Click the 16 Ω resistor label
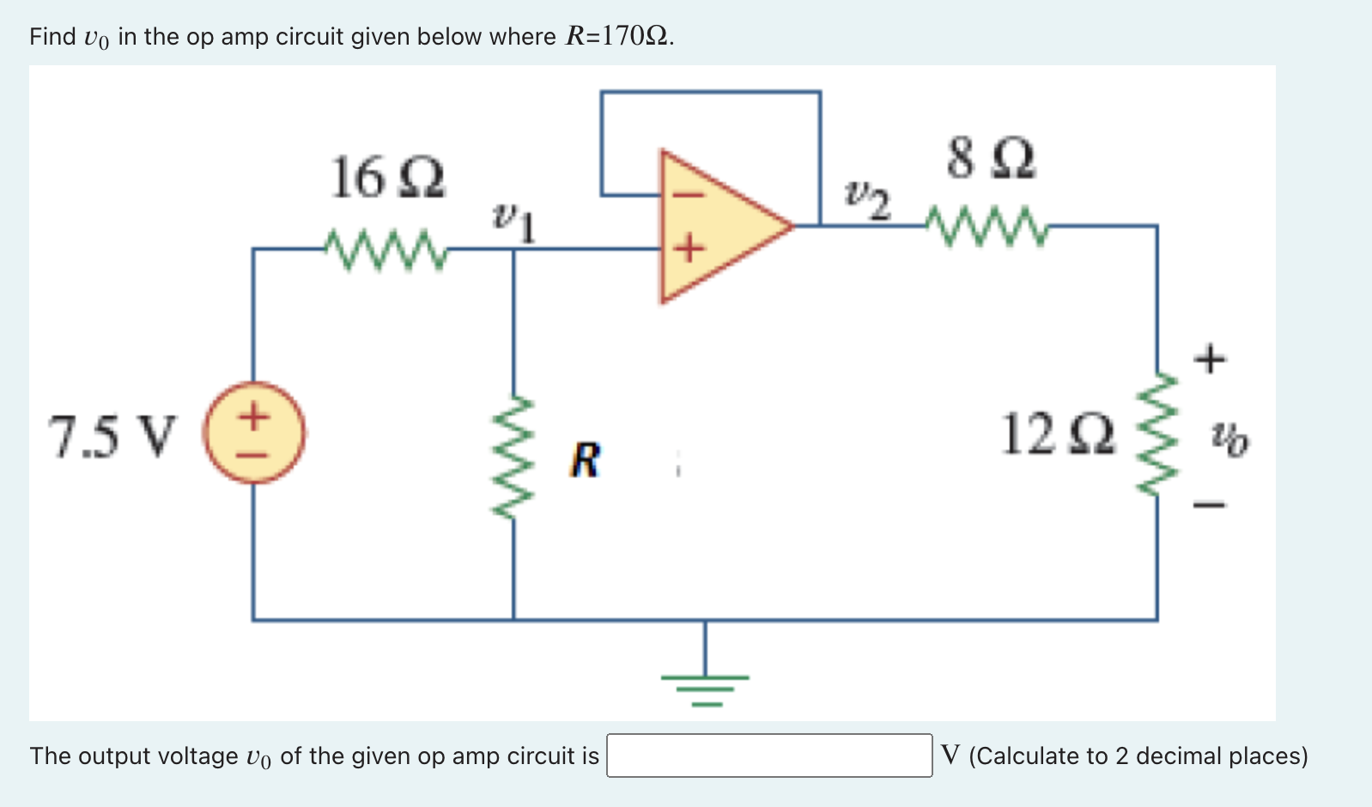pos(388,179)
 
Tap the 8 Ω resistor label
pos(992,159)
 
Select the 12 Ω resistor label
pos(1058,434)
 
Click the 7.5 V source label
pos(112,436)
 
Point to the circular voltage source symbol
pos(254,433)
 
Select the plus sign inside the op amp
pos(688,249)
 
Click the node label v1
pos(514,223)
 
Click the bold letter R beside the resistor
pos(586,460)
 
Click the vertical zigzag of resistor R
pos(513,457)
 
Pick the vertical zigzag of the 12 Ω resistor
pos(1156,434)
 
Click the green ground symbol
pos(705,687)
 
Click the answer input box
pos(769,755)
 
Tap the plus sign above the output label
pos(1210,358)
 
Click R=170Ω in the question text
pos(618,36)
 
